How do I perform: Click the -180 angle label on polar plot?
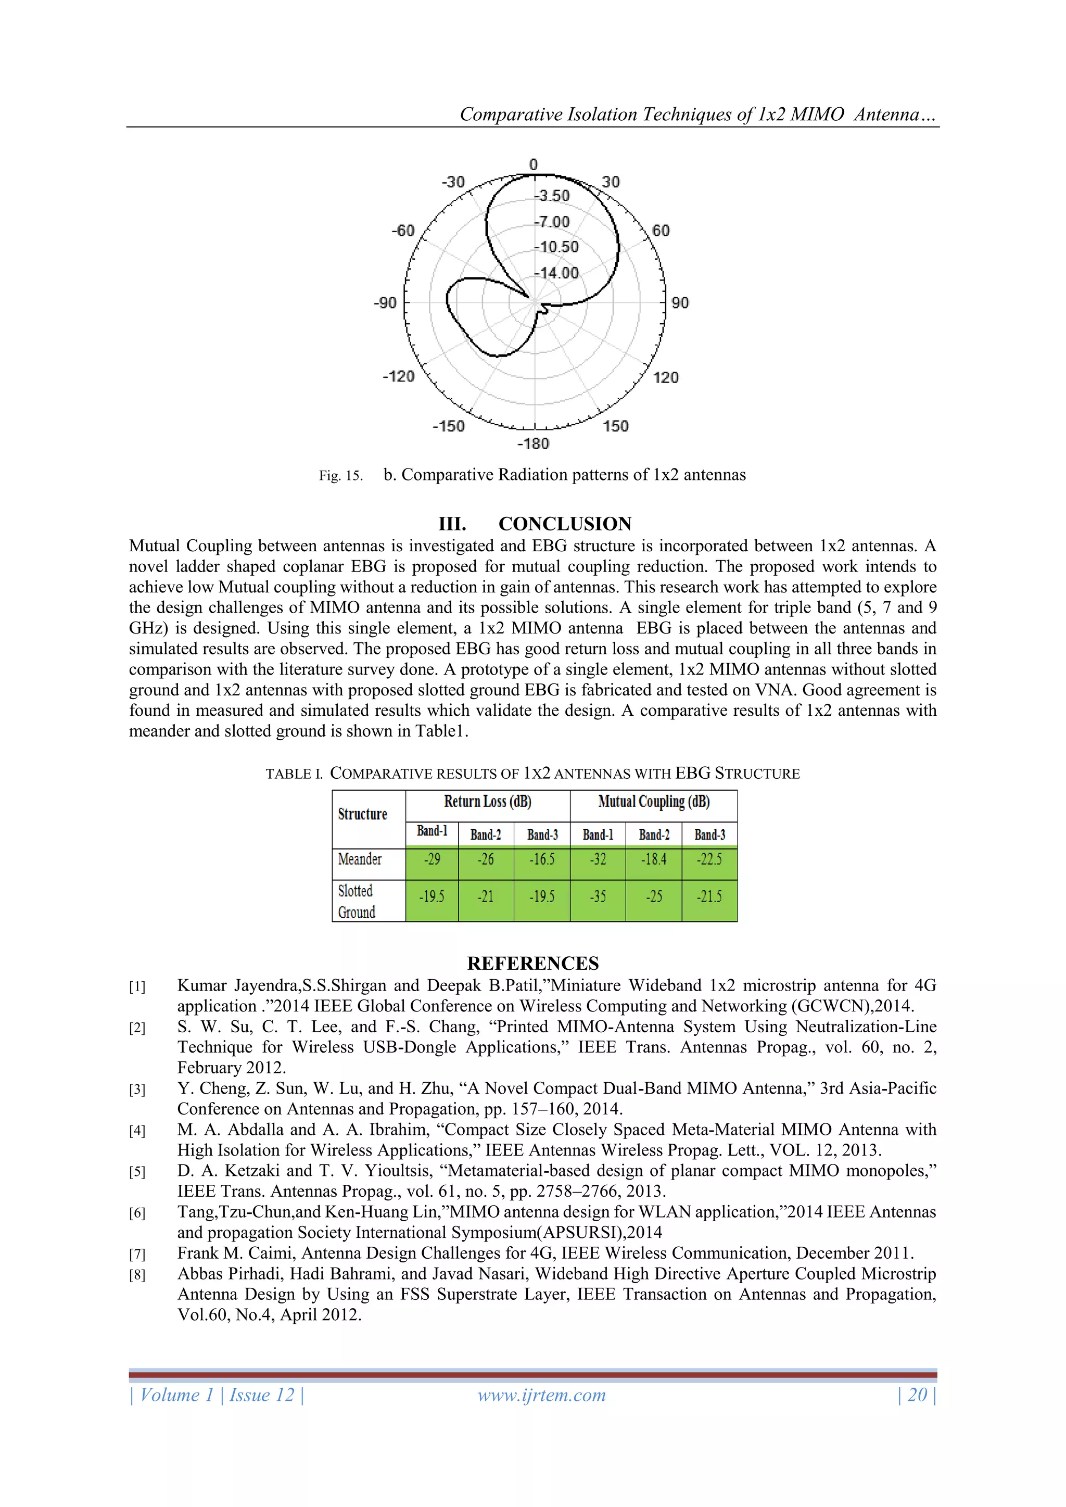click(533, 444)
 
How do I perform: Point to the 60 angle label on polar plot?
click(661, 231)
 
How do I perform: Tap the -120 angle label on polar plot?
click(398, 376)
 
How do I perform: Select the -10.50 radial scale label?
click(557, 247)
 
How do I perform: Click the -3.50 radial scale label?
click(553, 196)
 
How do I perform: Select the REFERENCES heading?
click(533, 963)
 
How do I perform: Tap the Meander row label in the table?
click(360, 859)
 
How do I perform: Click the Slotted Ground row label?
click(357, 901)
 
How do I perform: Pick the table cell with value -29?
click(432, 859)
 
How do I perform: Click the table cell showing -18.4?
click(654, 859)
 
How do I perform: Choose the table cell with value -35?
click(598, 896)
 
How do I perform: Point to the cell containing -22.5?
click(709, 859)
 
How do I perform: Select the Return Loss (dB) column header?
click(488, 802)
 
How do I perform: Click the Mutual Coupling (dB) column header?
click(654, 802)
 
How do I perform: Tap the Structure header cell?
click(362, 814)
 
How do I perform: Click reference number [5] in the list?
click(137, 1172)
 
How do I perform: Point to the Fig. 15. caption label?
click(341, 476)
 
